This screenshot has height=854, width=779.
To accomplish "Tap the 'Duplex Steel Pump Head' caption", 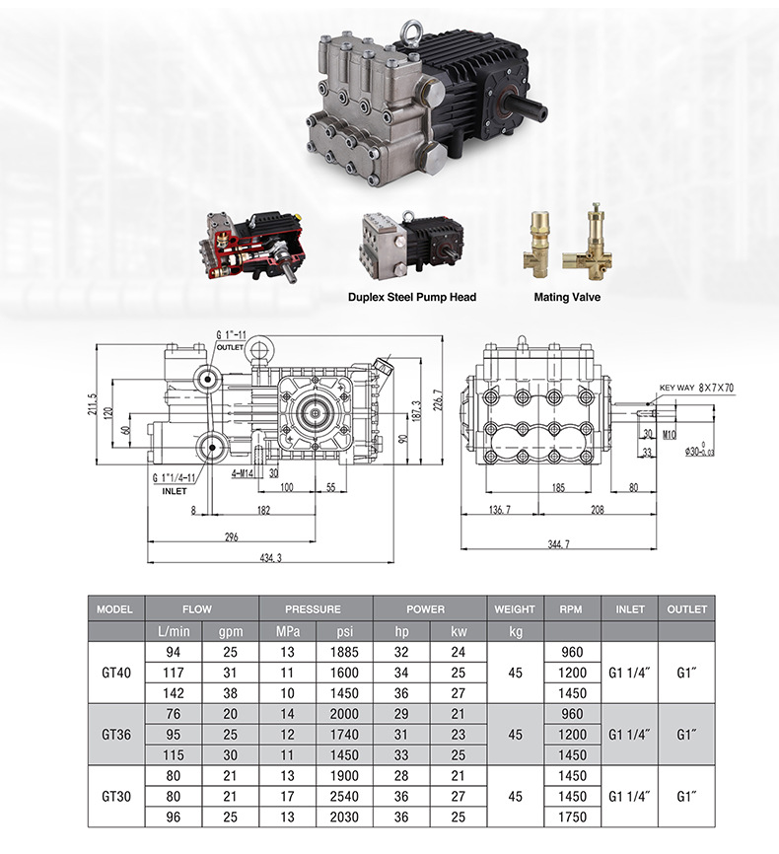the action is point(412,298).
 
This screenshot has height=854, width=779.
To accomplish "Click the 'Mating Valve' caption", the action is point(567,298).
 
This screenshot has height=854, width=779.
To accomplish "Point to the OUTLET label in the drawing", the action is point(230,347).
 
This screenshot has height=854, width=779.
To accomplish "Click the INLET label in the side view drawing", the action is point(175,491).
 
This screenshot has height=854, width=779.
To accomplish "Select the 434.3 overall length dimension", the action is point(271,558).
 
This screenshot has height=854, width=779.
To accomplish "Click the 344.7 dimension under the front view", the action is point(559,543).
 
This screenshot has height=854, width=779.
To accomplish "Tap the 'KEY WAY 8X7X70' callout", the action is point(697,388).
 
